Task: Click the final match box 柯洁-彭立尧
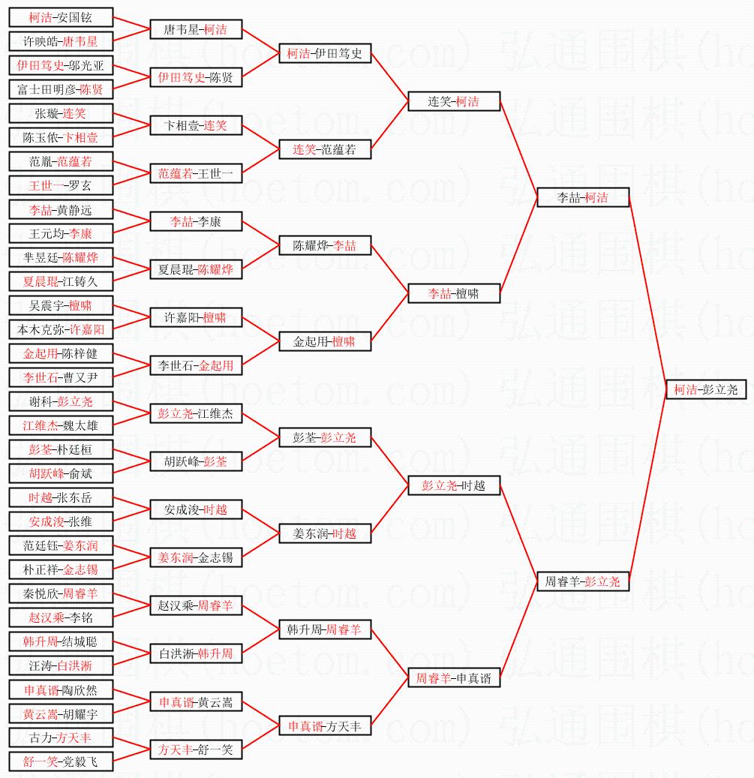(706, 389)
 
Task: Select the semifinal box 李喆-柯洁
(583, 198)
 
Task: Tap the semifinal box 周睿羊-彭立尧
(583, 581)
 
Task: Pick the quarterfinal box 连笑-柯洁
(454, 101)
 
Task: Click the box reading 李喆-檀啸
(454, 293)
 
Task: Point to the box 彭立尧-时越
(454, 485)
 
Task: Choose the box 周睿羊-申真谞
(454, 678)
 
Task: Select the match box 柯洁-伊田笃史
(325, 54)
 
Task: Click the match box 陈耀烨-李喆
(325, 245)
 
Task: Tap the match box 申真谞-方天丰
(325, 726)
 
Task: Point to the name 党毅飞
(80, 762)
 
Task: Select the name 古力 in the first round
(41, 737)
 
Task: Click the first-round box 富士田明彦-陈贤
(61, 90)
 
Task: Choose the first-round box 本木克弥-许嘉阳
(61, 329)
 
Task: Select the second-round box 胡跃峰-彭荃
(196, 461)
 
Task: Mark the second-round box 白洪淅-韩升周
(196, 653)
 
